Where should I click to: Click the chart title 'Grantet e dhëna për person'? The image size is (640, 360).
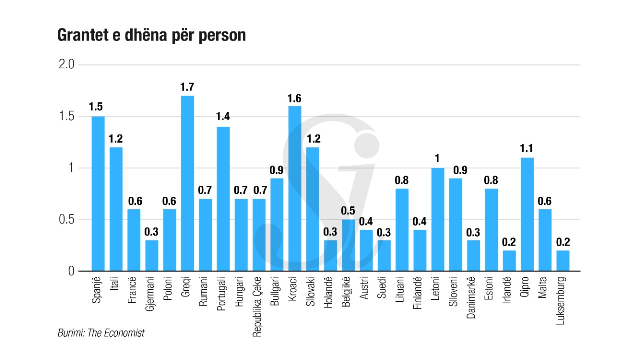click(151, 36)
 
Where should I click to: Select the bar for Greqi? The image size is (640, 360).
click(187, 183)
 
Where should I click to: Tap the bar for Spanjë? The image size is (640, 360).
click(98, 194)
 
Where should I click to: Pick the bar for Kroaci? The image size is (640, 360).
click(295, 188)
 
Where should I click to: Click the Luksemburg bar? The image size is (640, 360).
click(563, 261)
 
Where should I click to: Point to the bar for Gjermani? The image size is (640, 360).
click(152, 256)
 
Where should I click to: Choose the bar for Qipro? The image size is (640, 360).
click(527, 214)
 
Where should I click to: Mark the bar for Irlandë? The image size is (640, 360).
click(509, 261)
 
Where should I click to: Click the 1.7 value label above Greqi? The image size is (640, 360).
click(187, 87)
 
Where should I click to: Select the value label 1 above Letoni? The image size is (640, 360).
click(438, 159)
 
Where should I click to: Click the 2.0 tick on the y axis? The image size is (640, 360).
click(67, 65)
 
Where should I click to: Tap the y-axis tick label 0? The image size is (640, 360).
click(71, 271)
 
